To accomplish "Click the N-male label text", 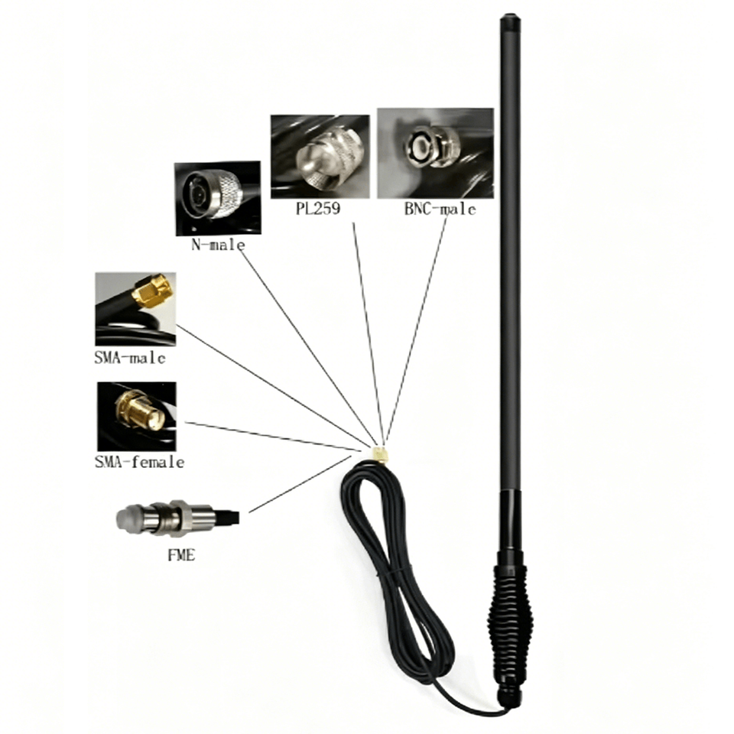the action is [218, 245].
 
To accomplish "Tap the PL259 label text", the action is [318, 208].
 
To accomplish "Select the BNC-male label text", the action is [440, 209].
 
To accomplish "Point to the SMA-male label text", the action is [130, 358].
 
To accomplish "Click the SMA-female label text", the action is [139, 462].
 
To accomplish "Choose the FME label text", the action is [181, 555].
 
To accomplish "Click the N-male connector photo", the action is [218, 199].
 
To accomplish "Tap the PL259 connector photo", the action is [320, 157].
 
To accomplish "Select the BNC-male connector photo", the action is [435, 153].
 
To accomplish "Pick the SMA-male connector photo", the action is [136, 309].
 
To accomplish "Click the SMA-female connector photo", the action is [137, 417].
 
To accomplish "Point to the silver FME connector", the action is [178, 518].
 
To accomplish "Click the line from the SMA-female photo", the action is [273, 437].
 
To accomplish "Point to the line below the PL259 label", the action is [369, 334].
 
